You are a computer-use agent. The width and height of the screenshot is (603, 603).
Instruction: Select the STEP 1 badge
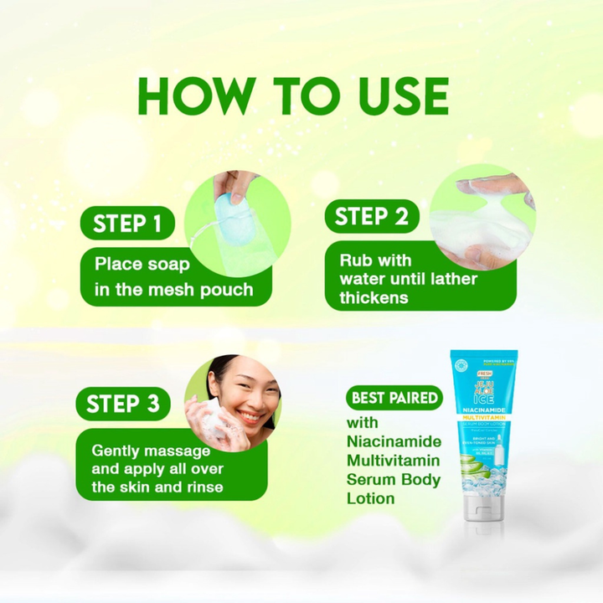127,224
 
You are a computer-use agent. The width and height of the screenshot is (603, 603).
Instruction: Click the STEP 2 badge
371,218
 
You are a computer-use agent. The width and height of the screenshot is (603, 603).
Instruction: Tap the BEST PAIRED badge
394,397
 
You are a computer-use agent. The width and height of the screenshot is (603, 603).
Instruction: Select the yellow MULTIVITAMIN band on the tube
483,416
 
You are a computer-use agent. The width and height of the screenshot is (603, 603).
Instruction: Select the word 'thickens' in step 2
374,298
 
